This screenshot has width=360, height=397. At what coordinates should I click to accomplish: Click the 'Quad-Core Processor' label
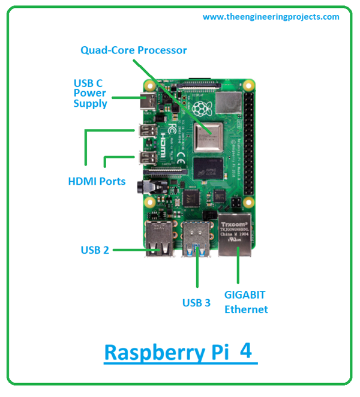pos(134,50)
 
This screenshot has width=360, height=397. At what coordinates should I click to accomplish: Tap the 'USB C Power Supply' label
pos(90,94)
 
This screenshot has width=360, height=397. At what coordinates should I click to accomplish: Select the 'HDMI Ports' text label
pos(96,181)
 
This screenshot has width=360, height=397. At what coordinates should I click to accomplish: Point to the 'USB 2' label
pos(95,250)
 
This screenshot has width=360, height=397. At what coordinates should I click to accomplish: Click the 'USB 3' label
pos(196,303)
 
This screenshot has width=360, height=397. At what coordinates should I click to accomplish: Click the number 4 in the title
pos(245,351)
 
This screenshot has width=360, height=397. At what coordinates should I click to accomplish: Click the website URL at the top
pos(271,17)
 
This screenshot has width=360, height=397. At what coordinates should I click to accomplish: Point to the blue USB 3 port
pos(196,239)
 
